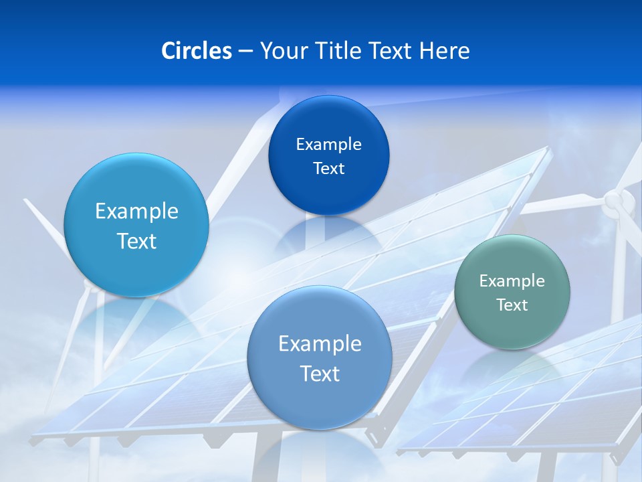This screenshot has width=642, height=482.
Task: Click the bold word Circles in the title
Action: [196, 51]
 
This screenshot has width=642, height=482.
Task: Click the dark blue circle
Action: [328, 155]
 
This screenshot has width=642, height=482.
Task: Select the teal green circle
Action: [512, 292]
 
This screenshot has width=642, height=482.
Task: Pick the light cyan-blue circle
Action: [136, 225]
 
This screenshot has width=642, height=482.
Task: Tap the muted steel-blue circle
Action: [320, 357]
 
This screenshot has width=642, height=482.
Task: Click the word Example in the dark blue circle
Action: [328, 144]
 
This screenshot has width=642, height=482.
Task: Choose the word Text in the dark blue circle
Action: [328, 168]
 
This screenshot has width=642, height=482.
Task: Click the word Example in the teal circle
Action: [512, 280]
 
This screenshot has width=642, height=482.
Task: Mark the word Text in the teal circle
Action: [512, 305]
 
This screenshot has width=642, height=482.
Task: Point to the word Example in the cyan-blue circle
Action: [136, 211]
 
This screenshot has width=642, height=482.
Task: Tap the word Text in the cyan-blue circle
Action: [136, 241]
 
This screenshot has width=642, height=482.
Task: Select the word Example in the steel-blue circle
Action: [320, 343]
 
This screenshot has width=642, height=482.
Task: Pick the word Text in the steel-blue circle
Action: [320, 374]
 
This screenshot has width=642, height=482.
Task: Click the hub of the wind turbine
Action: [615, 201]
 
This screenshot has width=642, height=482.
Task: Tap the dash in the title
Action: [245, 51]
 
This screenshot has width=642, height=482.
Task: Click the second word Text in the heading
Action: [391, 51]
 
